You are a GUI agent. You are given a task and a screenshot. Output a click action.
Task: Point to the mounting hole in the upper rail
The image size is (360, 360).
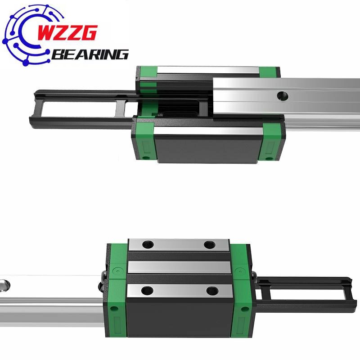[x=283, y=95]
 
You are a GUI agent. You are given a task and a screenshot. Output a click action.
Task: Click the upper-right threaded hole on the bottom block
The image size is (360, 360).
[x=209, y=244]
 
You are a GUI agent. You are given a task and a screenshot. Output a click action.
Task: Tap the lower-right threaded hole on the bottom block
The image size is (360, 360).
[x=209, y=291]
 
